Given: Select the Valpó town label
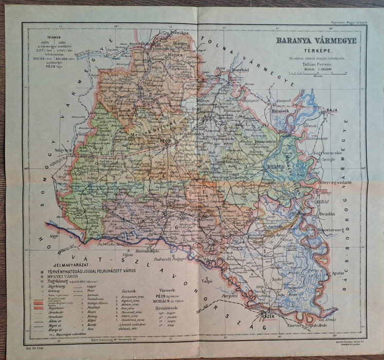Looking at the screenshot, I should tap(207, 281).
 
